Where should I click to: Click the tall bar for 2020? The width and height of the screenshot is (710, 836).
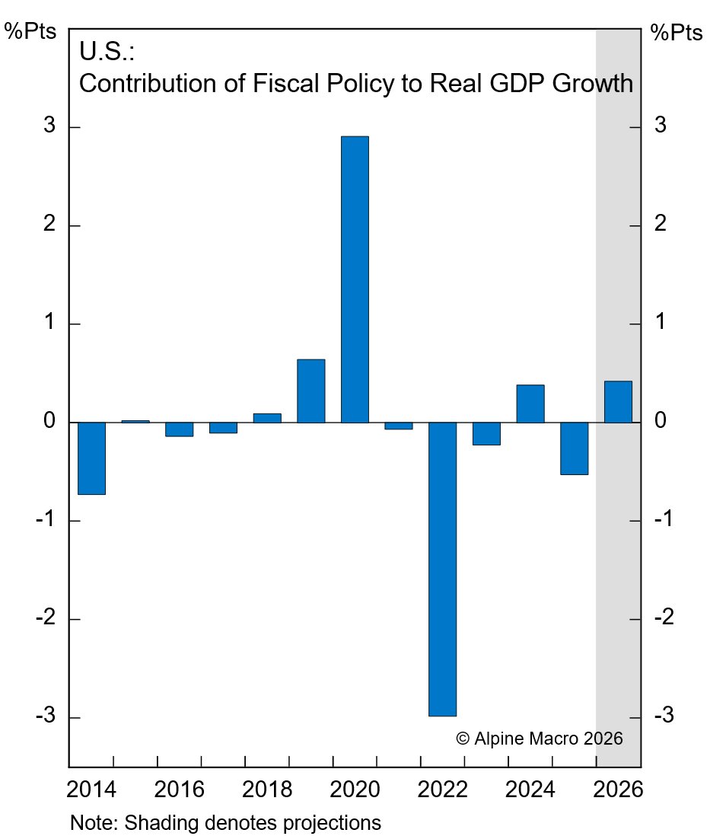355,279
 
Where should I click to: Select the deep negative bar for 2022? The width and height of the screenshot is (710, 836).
442,569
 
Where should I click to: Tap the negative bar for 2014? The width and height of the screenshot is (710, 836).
91,458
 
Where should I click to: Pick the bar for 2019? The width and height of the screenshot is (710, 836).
310,391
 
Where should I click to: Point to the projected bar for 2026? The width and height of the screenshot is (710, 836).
618,401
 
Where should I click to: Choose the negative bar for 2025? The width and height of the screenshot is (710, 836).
574,448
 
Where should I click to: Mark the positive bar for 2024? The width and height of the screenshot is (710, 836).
530,404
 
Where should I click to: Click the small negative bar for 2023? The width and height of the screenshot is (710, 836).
486,433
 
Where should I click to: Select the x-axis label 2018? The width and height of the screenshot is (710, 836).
267,789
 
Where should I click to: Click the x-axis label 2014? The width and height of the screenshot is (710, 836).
92,789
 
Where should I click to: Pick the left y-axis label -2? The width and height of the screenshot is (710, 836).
43,618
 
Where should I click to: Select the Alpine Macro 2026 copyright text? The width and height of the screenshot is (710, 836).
540,738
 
